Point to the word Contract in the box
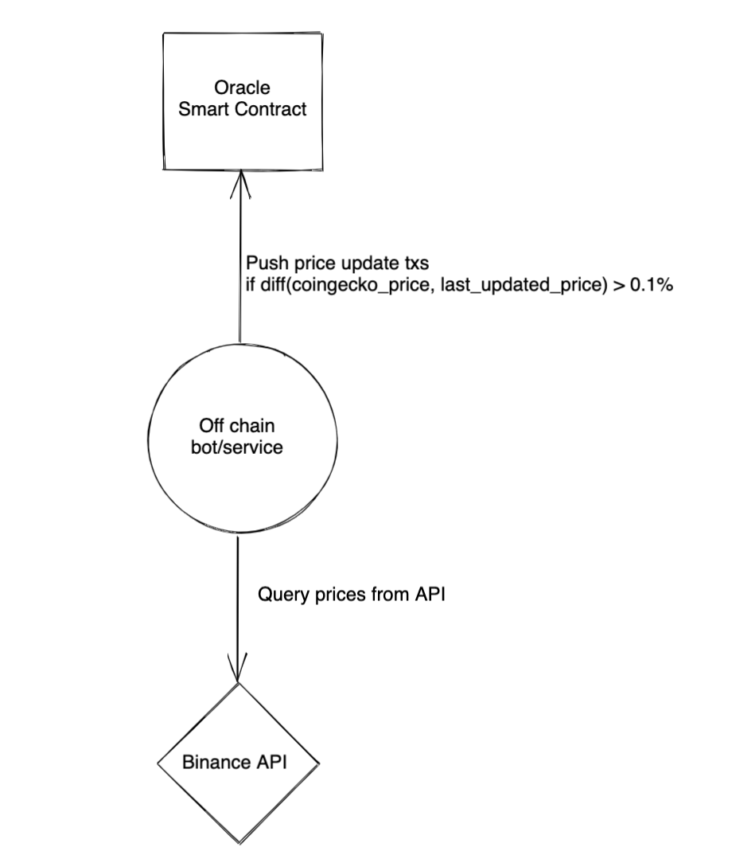point(274,110)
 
